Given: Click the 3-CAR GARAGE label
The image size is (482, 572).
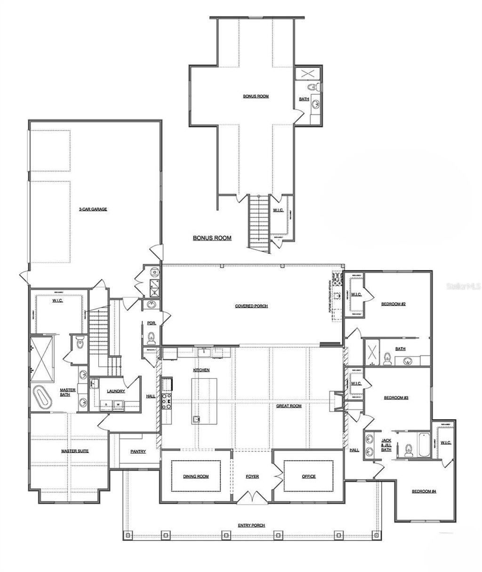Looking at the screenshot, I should (x=93, y=209).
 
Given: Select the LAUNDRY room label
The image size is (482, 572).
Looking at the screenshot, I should (x=115, y=391).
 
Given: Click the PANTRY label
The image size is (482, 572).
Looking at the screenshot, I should (x=138, y=451).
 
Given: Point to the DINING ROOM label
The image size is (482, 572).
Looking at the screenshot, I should (x=196, y=476).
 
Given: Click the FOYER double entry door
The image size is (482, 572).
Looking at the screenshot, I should (x=253, y=496).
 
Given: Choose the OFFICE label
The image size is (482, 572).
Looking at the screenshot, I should (x=309, y=476).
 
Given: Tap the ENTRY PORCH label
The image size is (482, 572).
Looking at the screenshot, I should (x=252, y=525).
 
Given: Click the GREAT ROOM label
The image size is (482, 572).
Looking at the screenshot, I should (x=289, y=406).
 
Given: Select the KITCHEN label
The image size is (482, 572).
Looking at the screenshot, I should (x=201, y=370).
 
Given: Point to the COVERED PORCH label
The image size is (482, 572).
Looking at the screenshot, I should (x=251, y=306).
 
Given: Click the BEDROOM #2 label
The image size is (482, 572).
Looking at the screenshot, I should (x=394, y=304).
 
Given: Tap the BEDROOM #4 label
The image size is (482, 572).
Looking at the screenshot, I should (x=424, y=491).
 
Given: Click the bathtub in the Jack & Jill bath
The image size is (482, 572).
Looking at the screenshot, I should (x=423, y=445).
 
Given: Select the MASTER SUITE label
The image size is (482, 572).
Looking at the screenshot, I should (x=75, y=451).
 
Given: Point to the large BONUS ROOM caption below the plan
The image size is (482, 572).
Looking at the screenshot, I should (x=212, y=238).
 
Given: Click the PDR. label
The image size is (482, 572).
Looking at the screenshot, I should (x=151, y=322).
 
